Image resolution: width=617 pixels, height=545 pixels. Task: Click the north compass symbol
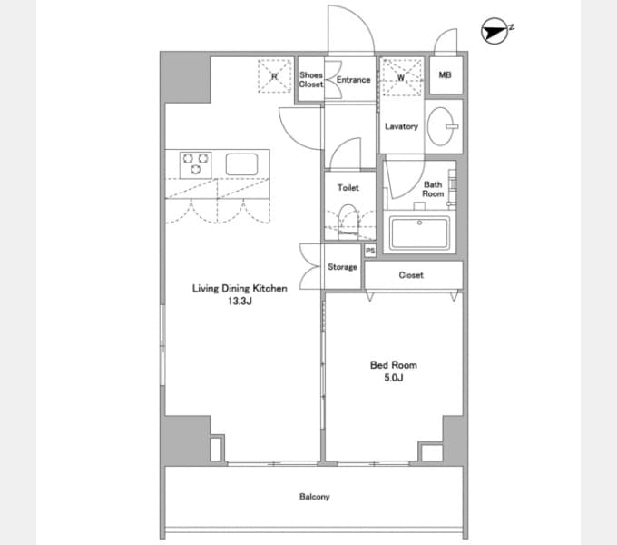point(495,31)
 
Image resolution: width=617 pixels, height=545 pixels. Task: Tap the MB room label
point(445,74)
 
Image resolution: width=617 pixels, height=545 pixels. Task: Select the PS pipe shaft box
point(370,251)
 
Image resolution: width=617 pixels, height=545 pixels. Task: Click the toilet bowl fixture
point(348,222)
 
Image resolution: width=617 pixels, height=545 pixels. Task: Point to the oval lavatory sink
point(441,126)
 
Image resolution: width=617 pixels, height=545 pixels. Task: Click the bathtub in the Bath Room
point(419,233)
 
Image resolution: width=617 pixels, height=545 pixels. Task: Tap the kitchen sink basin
point(241,163)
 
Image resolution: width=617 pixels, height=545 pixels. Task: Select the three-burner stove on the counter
point(196,164)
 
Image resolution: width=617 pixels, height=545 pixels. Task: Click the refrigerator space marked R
point(274,76)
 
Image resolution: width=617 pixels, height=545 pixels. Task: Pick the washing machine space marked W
point(401,77)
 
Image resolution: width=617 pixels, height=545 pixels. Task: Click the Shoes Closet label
point(311,80)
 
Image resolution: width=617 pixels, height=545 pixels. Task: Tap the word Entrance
point(353,80)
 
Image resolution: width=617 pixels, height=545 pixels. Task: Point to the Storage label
point(342,267)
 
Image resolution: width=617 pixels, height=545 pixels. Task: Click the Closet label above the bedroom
point(411,275)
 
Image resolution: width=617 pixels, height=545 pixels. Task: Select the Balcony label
point(315,497)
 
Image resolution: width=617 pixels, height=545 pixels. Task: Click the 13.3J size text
point(240,302)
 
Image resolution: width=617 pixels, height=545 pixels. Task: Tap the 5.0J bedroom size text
point(394,378)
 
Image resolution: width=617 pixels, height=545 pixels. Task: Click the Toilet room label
point(348,188)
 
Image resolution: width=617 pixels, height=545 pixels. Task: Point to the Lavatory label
point(401,126)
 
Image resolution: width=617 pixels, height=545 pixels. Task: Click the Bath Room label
point(433,189)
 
